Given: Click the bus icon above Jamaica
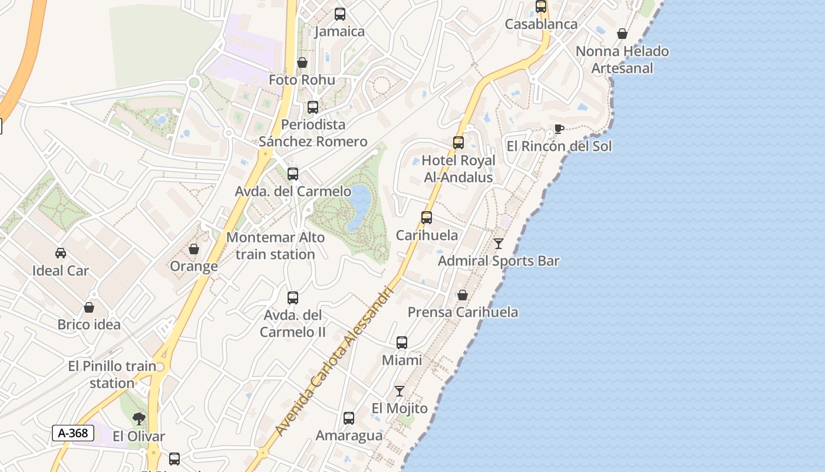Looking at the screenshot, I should click(x=340, y=14).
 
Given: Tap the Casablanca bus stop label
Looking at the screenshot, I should click(x=541, y=24).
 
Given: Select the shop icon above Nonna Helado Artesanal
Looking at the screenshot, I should click(x=622, y=34).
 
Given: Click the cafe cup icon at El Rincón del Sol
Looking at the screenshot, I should click(x=559, y=129).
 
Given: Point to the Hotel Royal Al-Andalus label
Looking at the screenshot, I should click(x=458, y=169).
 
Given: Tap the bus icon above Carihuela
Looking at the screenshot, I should click(x=427, y=217).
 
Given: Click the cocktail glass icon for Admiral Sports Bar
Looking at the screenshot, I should click(x=499, y=243).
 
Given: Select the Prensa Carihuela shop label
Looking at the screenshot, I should click(x=463, y=312).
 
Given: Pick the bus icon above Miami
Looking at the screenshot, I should click(x=402, y=343).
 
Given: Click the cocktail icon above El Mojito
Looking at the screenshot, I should click(x=400, y=391).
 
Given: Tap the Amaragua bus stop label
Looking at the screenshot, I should click(x=349, y=435).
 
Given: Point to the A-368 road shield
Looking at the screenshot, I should click(x=73, y=433).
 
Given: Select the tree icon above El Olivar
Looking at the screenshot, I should click(x=139, y=419).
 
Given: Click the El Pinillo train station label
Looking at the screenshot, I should click(x=112, y=375).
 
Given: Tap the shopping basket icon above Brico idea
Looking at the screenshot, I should click(x=89, y=307).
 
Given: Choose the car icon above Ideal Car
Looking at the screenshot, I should click(x=61, y=253).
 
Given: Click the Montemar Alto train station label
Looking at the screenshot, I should click(x=275, y=246).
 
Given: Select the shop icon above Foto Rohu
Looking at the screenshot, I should click(x=302, y=63).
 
